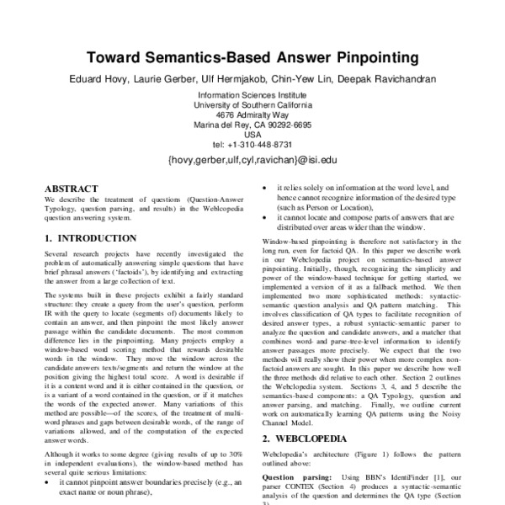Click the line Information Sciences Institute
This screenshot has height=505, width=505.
[252, 97]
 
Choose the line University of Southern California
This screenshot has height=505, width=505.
[252, 106]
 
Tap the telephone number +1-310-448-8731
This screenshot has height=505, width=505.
[261, 144]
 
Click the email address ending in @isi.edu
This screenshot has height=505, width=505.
[252, 157]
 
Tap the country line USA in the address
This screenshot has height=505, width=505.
[252, 134]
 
